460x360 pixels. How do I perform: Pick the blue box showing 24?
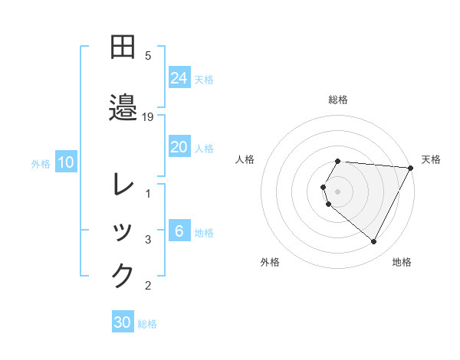[x=179, y=78]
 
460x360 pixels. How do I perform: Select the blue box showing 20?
[x=179, y=147]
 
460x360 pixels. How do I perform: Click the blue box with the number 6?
[x=179, y=231]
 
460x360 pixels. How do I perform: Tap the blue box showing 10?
[x=66, y=162]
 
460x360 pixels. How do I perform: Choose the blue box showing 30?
[x=123, y=322]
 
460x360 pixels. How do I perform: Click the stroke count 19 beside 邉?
[x=149, y=116]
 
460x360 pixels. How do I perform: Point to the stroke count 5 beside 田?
[x=148, y=56]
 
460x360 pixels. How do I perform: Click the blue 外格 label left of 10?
[x=41, y=163]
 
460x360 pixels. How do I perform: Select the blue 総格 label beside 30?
[x=147, y=324]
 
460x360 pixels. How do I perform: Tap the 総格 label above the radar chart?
[x=338, y=100]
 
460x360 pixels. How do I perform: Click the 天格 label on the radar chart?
[x=431, y=159]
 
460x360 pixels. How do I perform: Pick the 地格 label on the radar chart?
[x=402, y=262]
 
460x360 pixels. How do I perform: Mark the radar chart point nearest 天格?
[x=411, y=168]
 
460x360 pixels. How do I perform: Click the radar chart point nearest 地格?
[x=374, y=241]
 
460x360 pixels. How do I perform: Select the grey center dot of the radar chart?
[x=338, y=191]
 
